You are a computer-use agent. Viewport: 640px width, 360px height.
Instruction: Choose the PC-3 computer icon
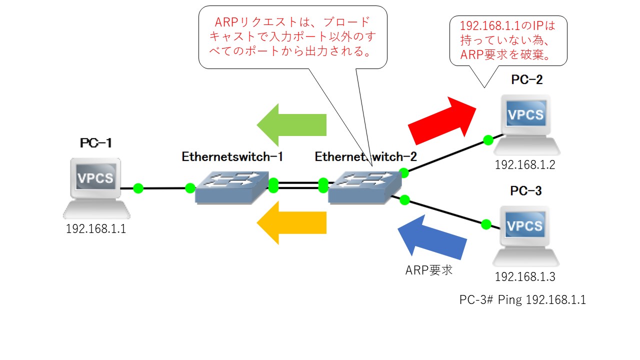click(525, 235)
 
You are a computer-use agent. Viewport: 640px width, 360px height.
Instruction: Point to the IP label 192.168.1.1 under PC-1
click(96, 229)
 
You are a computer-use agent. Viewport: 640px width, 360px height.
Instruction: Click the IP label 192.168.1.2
click(525, 164)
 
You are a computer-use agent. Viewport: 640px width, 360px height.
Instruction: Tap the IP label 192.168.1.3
click(525, 276)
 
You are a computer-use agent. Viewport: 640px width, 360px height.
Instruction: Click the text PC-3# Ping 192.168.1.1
click(522, 300)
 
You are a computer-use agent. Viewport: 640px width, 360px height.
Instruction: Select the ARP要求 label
click(428, 270)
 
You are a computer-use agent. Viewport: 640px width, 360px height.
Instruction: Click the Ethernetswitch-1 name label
click(232, 156)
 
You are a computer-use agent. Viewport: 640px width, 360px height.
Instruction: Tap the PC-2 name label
click(526, 79)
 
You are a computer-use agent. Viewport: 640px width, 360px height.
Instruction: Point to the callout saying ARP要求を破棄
click(508, 40)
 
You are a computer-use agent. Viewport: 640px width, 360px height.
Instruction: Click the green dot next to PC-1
click(138, 188)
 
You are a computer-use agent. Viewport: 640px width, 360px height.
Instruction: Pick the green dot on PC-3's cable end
click(485, 224)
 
